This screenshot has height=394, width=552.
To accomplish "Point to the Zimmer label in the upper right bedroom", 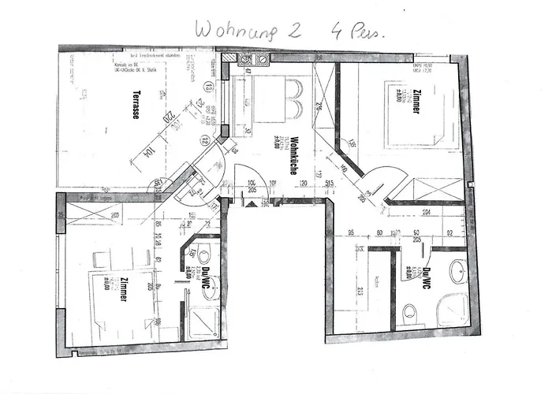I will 415,106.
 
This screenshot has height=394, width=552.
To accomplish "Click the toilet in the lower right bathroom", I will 408,314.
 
